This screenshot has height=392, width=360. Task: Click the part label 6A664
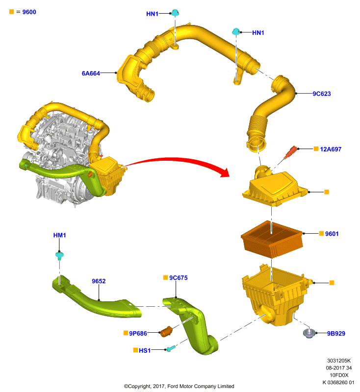(x=91, y=73)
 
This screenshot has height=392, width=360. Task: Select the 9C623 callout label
(x=322, y=94)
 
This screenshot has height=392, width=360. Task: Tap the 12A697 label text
(x=331, y=149)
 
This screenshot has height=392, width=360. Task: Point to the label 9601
(x=332, y=234)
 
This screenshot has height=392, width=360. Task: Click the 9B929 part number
(x=336, y=334)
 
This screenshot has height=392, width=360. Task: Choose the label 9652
(x=99, y=281)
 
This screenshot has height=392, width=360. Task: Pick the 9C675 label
(x=179, y=278)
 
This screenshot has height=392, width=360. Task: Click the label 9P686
(x=138, y=334)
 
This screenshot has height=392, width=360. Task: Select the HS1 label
(x=145, y=350)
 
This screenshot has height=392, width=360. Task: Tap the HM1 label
(x=59, y=235)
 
